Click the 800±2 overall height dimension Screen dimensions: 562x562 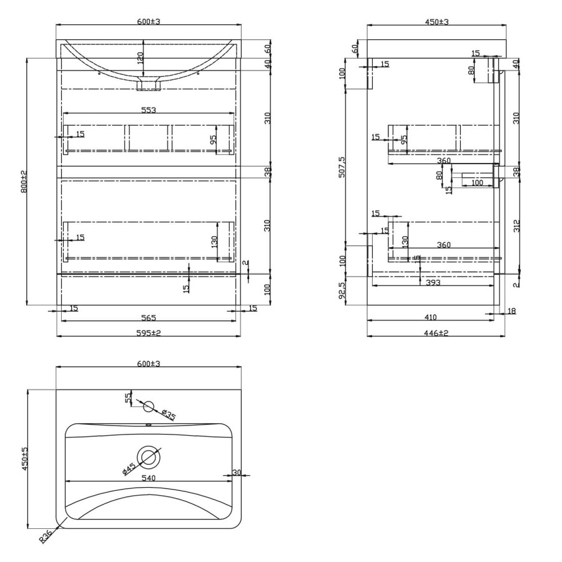tap(24, 180)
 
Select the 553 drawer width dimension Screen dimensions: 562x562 tap(148, 110)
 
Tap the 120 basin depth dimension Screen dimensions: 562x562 tap(140, 57)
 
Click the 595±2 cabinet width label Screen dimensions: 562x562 tap(149, 333)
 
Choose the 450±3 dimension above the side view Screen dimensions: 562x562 tap(437, 22)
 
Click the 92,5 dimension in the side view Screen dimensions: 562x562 tap(340, 290)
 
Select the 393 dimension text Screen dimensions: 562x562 tap(433, 283)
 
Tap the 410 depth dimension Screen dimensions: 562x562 tap(430, 318)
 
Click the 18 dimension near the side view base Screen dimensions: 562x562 tap(512, 310)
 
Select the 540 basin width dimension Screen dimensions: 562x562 tap(148, 478)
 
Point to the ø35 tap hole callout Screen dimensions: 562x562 tap(167, 415)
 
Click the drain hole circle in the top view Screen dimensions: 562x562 tap(149, 457)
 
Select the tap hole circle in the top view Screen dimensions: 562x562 tap(149, 406)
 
